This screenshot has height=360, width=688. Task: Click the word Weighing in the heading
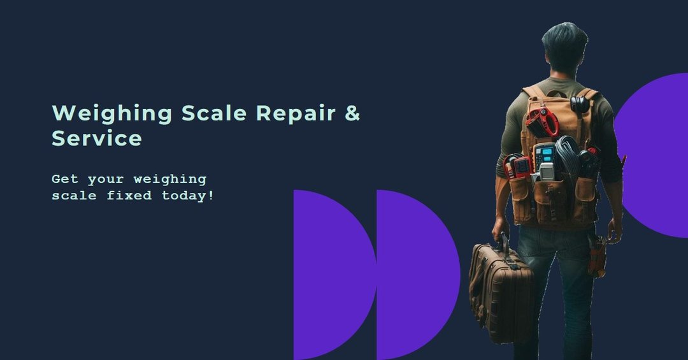112,113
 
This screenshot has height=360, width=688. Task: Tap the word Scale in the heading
214,113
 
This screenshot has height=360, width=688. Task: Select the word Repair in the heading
296,113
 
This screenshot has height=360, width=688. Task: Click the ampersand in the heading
352,113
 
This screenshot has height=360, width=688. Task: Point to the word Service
97,138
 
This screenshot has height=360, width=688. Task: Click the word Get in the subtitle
65,179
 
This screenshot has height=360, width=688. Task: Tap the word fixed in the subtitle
129,195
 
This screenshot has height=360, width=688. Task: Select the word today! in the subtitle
188,196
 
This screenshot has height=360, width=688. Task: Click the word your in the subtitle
106,180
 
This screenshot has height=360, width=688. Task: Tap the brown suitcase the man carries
500,292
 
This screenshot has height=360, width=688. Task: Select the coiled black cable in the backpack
567,157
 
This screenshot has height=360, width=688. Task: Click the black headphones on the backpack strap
580,104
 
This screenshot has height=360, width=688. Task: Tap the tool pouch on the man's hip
597,256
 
